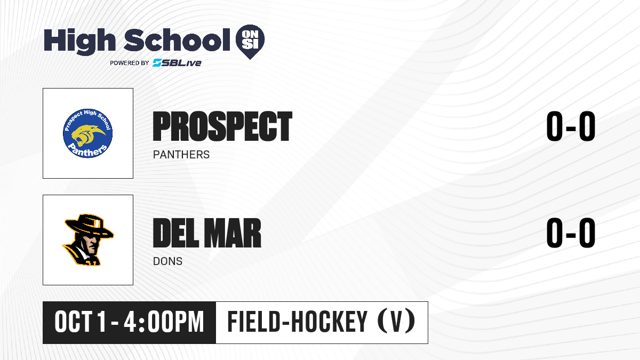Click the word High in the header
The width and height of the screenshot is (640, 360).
click(79, 41)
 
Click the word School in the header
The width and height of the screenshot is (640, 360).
click(177, 39)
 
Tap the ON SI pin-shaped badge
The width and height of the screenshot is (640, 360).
click(250, 42)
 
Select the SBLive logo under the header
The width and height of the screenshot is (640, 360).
click(177, 62)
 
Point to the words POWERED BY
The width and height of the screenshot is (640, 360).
click(130, 63)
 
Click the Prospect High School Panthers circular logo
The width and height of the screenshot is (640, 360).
click(87, 133)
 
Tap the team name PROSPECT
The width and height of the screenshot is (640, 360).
click(222, 126)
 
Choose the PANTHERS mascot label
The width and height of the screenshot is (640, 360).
click(181, 155)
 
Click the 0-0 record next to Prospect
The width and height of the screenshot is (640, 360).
click(571, 126)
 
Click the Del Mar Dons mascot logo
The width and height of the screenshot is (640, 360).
click(88, 239)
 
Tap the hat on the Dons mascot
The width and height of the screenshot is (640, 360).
click(89, 226)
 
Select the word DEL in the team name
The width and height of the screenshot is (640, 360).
click(175, 233)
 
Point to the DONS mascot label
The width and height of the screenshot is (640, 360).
click(167, 261)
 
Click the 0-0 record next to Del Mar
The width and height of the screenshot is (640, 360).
click(571, 233)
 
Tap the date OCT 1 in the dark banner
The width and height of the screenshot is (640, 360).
click(81, 322)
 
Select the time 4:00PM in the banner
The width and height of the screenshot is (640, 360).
click(164, 322)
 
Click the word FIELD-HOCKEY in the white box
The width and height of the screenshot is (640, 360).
click(297, 322)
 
